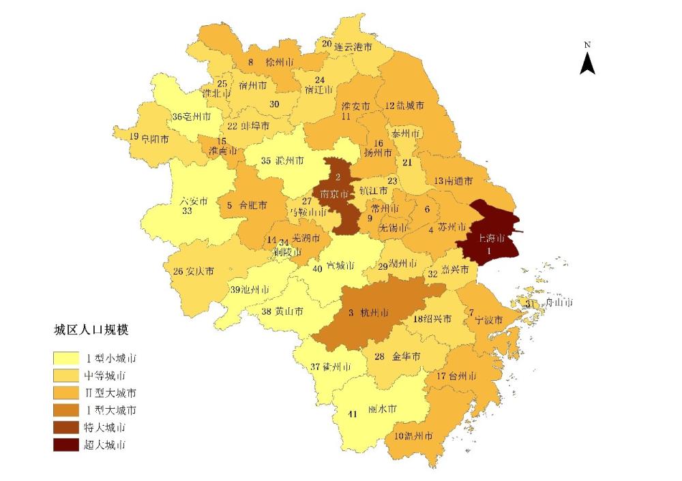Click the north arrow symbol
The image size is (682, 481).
click(587, 62)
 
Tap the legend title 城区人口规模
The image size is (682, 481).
click(92, 330)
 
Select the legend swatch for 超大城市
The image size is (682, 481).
click(65, 446)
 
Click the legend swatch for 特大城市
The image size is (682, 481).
click(65, 428)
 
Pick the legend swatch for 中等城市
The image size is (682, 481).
click(65, 375)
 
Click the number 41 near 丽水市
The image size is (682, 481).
click(353, 414)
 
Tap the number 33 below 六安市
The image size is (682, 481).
click(187, 211)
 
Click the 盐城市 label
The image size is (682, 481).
click(410, 106)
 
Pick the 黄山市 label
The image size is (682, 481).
click(288, 311)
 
